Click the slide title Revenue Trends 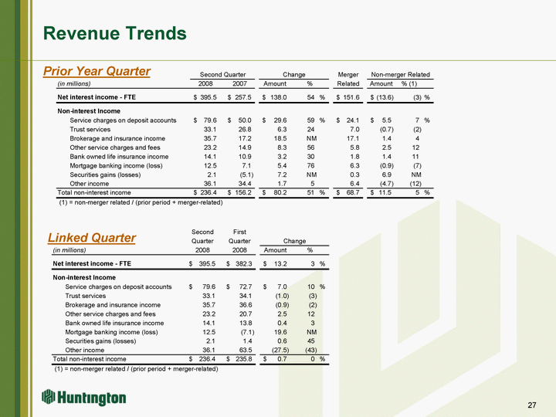pyautogui.click(x=115, y=33)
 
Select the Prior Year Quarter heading pyautogui.click(x=97, y=72)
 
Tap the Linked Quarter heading pyautogui.click(x=92, y=238)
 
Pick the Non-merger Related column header pyautogui.click(x=400, y=74)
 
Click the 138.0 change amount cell pyautogui.click(x=276, y=97)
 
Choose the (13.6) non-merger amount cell pyautogui.click(x=384, y=97)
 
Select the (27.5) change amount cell pyautogui.click(x=277, y=348)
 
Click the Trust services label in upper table pyautogui.click(x=95, y=130)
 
